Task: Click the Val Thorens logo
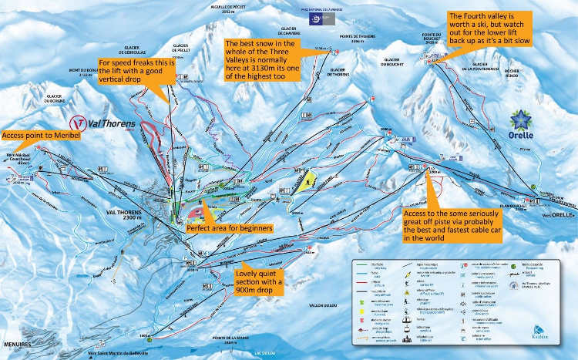[102, 123]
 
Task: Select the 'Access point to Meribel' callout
[37, 136]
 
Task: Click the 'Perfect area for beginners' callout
[230, 228]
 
